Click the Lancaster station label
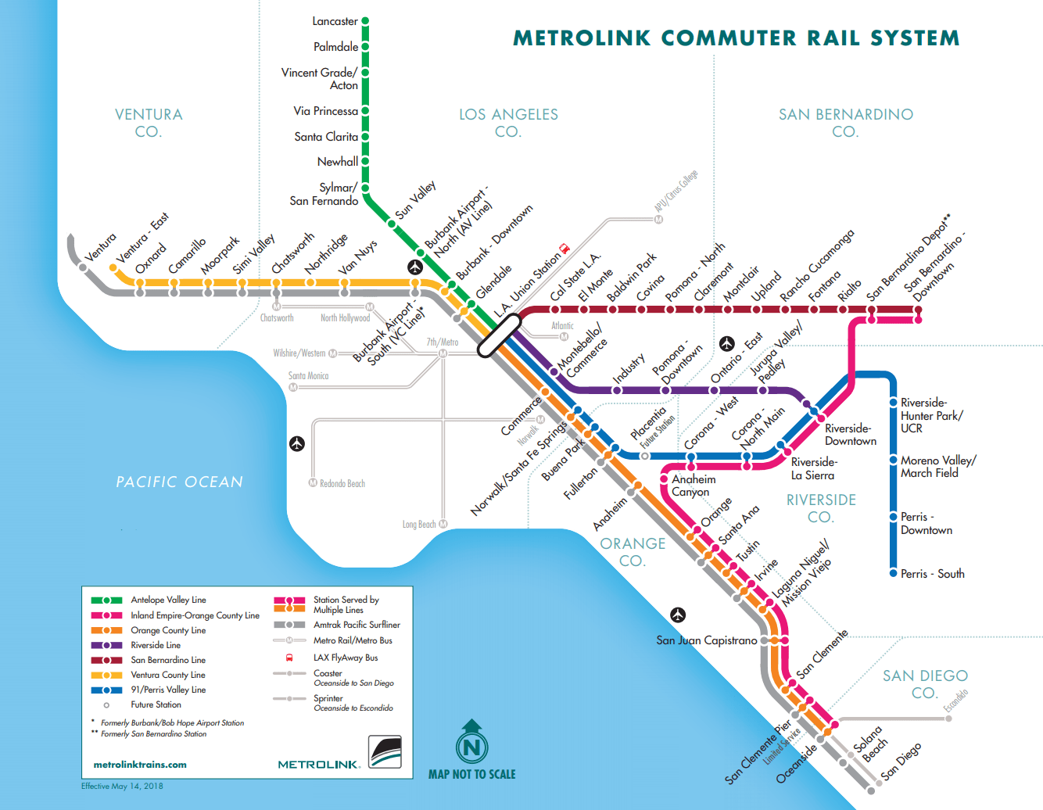[x=335, y=21]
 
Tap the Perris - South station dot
[x=893, y=573]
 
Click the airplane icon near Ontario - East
[x=727, y=343]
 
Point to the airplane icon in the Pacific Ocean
[x=296, y=443]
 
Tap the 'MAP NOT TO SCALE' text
[x=471, y=774]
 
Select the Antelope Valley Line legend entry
[x=168, y=600]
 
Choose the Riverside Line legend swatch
[x=106, y=645]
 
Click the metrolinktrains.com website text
[x=140, y=765]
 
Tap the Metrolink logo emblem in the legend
[x=385, y=752]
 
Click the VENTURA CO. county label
[x=149, y=123]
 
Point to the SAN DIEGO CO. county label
[x=925, y=684]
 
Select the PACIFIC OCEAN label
[x=179, y=482]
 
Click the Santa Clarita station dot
[x=365, y=136]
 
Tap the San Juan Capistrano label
[x=706, y=640]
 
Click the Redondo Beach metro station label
[x=342, y=483]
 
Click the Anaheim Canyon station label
[x=693, y=486]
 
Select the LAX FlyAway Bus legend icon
[x=289, y=658]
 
